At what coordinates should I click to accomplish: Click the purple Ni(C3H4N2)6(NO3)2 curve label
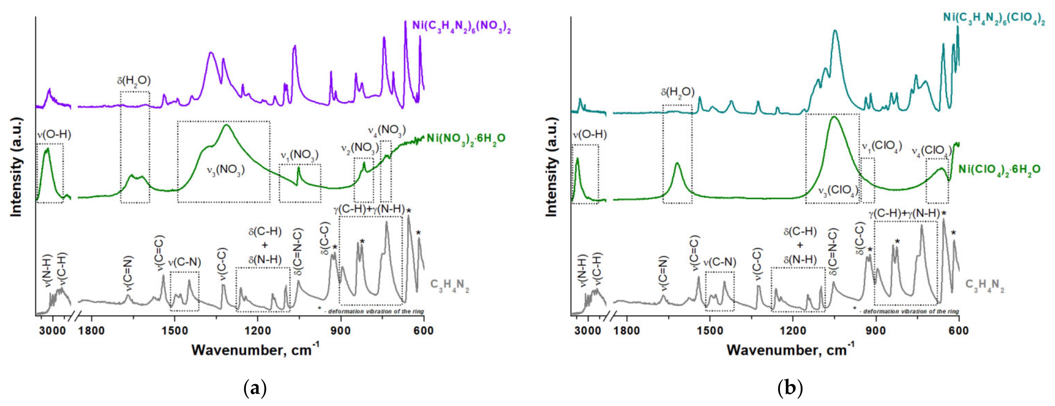(x=461, y=26)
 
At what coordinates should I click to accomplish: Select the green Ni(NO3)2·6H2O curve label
(x=466, y=138)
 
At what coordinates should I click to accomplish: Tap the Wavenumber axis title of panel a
(x=255, y=350)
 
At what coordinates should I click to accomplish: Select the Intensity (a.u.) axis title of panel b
(x=552, y=167)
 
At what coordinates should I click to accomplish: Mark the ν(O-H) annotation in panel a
(x=54, y=135)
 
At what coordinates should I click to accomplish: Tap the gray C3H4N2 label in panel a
(x=449, y=286)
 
